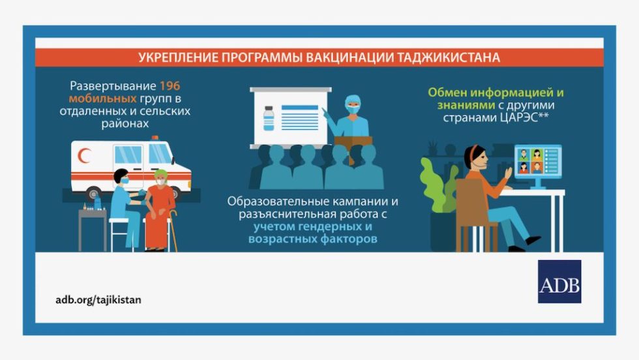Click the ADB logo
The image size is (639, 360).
559,281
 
